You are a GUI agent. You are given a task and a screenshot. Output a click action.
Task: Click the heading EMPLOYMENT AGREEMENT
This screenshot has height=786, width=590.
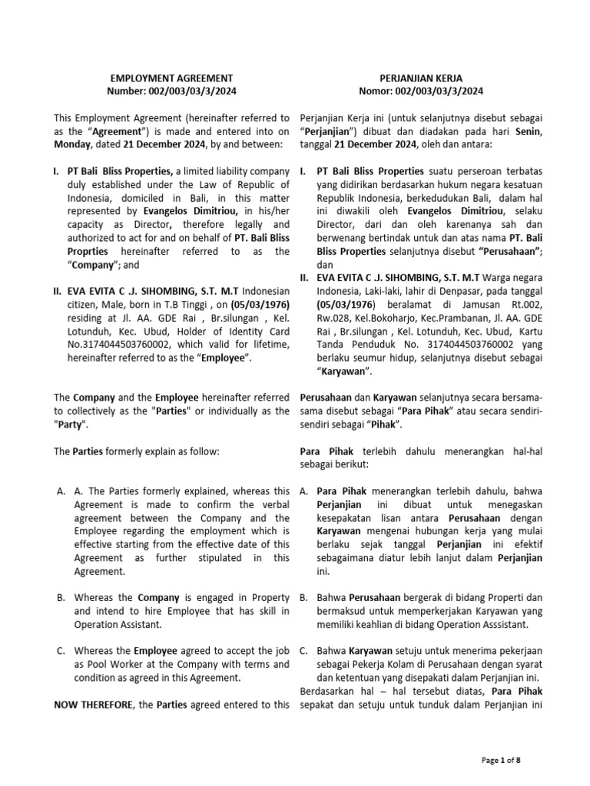pos(171,78)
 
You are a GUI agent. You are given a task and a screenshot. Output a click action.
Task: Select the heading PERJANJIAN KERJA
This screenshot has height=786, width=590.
pos(419,78)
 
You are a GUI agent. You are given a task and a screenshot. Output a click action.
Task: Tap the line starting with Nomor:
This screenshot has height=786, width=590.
pos(419,91)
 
